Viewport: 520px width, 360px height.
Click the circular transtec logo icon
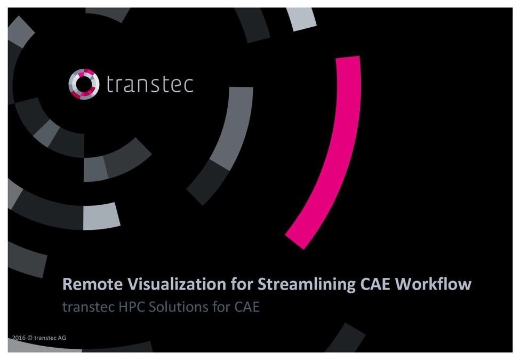84,84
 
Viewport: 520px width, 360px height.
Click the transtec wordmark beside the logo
149,84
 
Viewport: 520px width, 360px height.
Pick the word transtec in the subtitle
84,307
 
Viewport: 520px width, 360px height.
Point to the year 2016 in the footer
19,338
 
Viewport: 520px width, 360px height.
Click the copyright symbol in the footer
30,338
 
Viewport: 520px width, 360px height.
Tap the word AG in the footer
62,338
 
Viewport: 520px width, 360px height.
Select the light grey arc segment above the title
101,216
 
